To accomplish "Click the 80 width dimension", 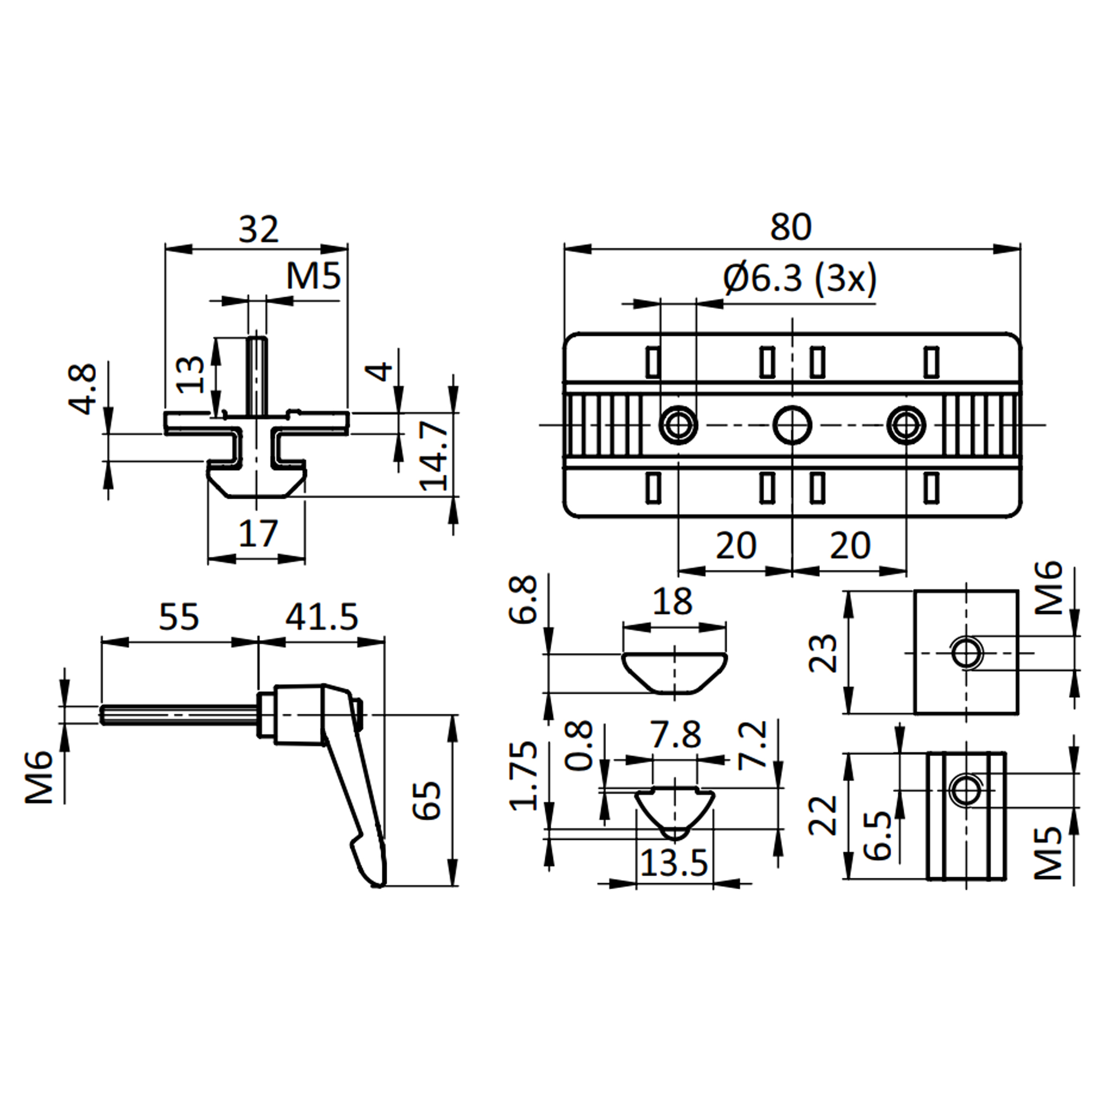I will point(791,227).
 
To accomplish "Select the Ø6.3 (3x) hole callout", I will point(800,279).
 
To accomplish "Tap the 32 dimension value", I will point(258,230).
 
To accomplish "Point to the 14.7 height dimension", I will point(434,455).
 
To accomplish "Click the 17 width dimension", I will point(258,533).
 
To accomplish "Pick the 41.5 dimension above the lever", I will point(322,617).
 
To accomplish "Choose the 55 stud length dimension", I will point(179,617).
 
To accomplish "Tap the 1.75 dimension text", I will point(524,775).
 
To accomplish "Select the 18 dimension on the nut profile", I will point(673,602).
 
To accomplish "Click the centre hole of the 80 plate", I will point(792,425).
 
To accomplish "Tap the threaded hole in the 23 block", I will point(967,653).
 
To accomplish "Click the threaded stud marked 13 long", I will point(257,373).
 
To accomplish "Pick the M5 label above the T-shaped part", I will point(314,277).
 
